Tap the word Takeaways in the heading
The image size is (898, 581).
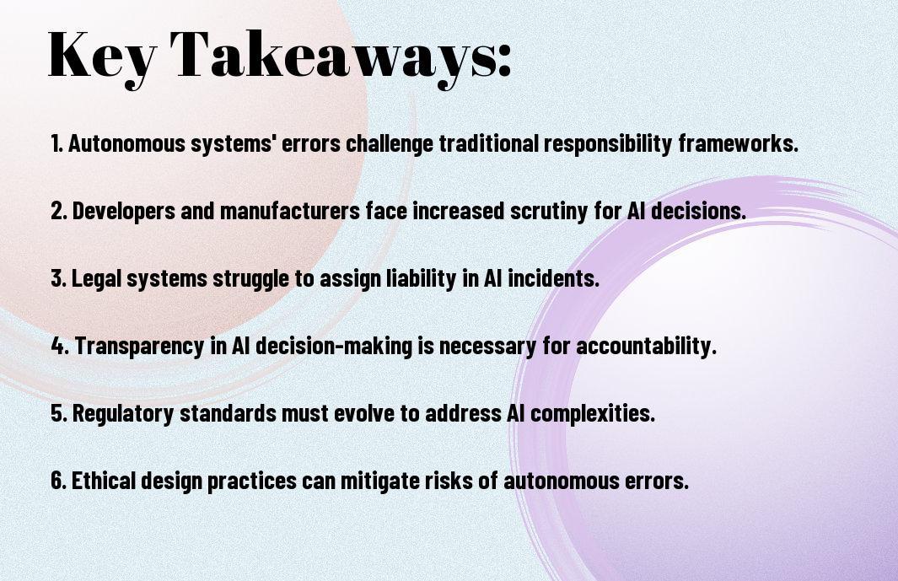point(333,56)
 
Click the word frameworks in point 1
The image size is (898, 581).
point(739,143)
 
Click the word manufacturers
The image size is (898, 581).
point(290,211)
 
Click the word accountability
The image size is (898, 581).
point(646,346)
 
